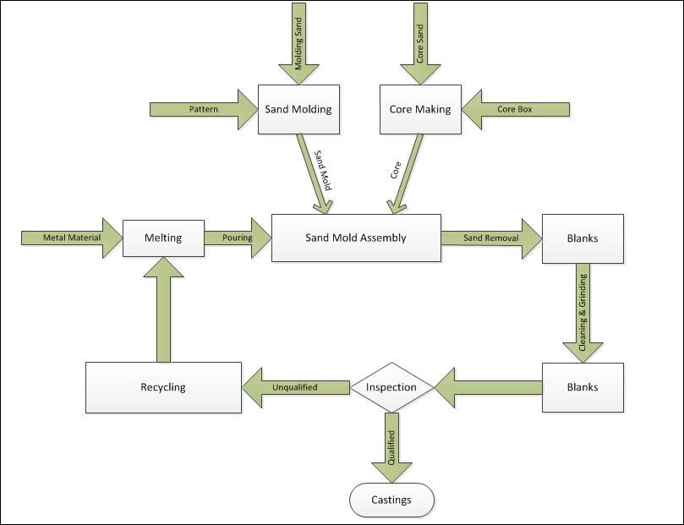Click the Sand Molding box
[298, 109]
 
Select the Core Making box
[420, 109]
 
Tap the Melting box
[163, 238]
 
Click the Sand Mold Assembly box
[356, 238]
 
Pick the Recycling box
[163, 387]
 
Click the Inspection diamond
[391, 387]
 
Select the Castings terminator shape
[391, 500]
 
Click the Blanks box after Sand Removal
[583, 238]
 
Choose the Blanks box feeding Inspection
[583, 387]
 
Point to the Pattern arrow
[204, 109]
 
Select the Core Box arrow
[516, 109]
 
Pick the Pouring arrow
[238, 238]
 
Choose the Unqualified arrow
[296, 387]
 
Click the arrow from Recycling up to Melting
[163, 309]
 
